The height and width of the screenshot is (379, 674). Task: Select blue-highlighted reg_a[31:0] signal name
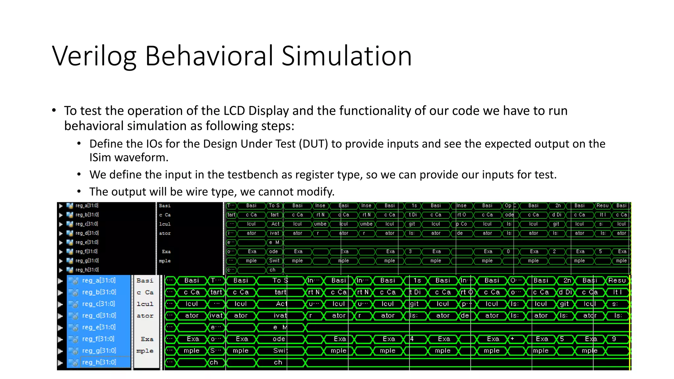pyautogui.click(x=99, y=280)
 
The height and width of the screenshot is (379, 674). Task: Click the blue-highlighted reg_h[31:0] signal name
pyautogui.click(x=99, y=362)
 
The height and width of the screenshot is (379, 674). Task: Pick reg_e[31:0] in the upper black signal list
pyautogui.click(x=87, y=242)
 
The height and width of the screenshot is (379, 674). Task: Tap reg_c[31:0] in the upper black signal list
pyautogui.click(x=87, y=224)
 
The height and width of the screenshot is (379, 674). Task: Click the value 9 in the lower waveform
pyautogui.click(x=614, y=339)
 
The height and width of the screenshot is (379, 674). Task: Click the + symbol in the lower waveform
pyautogui.click(x=512, y=339)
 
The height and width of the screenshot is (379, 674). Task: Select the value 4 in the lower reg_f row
pyautogui.click(x=412, y=339)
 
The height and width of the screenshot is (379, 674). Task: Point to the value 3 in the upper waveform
pyautogui.click(x=410, y=251)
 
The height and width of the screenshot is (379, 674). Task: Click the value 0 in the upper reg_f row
pyautogui.click(x=508, y=251)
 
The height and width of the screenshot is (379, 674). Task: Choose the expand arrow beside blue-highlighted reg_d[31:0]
pyautogui.click(x=60, y=316)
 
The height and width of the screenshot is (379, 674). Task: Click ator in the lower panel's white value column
pyautogui.click(x=145, y=316)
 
